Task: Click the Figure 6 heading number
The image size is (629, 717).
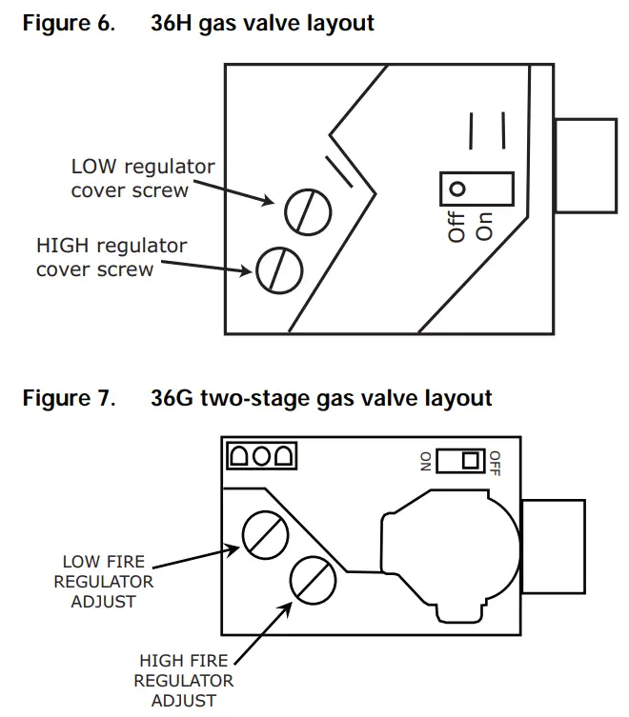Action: [x=108, y=24]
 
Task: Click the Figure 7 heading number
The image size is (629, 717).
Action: [x=108, y=397]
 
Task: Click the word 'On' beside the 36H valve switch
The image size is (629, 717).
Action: [x=483, y=224]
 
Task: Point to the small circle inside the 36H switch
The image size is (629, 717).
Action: [x=457, y=189]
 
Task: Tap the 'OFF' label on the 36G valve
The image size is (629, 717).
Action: [x=495, y=462]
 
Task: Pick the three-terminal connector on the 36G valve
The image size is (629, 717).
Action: [x=261, y=457]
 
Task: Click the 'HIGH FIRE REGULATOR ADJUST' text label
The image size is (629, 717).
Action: [x=183, y=680]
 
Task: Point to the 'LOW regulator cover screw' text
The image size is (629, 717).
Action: [x=142, y=178]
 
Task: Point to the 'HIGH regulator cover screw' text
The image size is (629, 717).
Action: [x=112, y=257]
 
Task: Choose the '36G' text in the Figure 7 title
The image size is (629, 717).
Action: [x=173, y=397]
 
